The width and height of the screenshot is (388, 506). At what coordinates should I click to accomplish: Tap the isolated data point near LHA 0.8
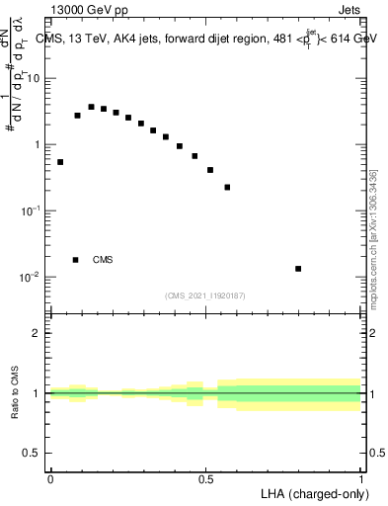point(298,268)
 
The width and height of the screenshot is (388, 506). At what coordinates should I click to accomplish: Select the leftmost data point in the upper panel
point(60,162)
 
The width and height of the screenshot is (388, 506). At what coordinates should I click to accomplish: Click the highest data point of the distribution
point(91,107)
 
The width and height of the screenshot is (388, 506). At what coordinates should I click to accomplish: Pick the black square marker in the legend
point(76,260)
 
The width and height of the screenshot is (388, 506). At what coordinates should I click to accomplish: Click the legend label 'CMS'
point(103,260)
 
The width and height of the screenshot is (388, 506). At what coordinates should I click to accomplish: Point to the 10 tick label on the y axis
point(37,78)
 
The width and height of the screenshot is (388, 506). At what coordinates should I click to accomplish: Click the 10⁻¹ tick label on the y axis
point(34,211)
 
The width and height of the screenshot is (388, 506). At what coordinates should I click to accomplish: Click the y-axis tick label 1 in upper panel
point(40,145)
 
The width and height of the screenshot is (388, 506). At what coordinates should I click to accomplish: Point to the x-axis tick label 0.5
point(205,479)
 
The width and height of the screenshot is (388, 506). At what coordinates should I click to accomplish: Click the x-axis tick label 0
point(50,479)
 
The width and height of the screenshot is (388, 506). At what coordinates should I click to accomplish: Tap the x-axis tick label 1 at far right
point(361,479)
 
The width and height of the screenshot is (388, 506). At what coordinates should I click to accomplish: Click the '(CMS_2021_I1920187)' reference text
point(205,295)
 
